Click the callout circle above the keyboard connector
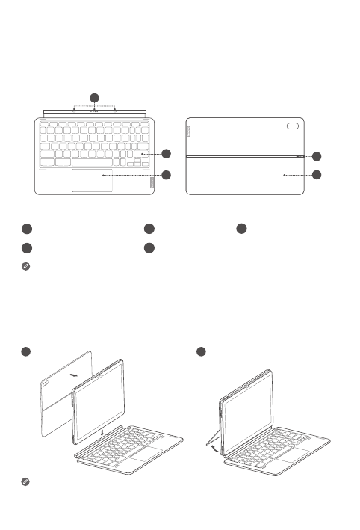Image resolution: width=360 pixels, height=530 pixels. tap(94, 98)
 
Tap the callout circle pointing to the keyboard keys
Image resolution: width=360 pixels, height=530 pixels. tap(166, 154)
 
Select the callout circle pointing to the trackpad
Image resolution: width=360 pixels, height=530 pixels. tap(166, 175)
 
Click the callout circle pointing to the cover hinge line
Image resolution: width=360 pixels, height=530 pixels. tap(317, 156)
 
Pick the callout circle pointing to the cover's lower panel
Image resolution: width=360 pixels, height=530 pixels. tap(317, 175)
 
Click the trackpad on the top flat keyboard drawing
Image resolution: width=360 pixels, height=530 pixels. tap(93, 180)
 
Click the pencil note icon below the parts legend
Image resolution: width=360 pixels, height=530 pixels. tap(25, 266)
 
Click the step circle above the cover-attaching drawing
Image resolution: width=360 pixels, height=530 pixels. tap(25, 351)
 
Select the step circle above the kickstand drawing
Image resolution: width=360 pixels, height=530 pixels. tap(199, 351)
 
